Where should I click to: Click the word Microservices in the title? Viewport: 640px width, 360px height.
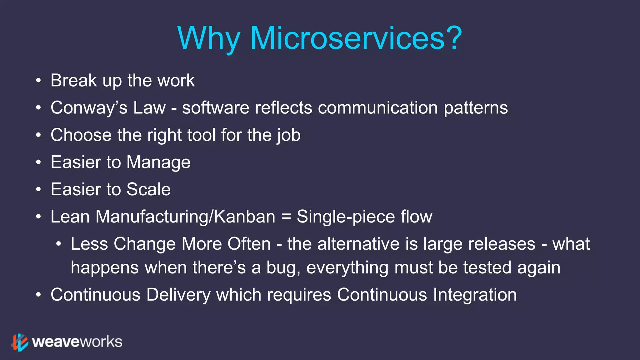pyautogui.click(x=347, y=38)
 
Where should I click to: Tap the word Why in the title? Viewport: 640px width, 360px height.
pyautogui.click(x=208, y=38)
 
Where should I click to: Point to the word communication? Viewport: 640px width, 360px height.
pyautogui.click(x=378, y=108)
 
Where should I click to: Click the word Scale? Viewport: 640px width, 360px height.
pyautogui.click(x=148, y=189)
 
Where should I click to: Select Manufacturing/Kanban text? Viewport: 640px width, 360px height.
pyautogui.click(x=185, y=217)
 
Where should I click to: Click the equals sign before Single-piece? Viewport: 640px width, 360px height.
pyautogui.click(x=286, y=217)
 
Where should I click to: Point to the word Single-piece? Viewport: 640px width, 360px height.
pyautogui.click(x=346, y=217)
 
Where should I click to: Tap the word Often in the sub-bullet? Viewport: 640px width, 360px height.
pyautogui.click(x=249, y=244)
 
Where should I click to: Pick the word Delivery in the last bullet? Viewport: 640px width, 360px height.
pyautogui.click(x=178, y=295)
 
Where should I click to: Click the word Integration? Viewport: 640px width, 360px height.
pyautogui.click(x=475, y=295)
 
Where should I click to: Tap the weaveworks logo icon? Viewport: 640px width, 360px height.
pyautogui.click(x=20, y=342)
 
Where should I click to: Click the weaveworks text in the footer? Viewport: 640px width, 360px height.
pyautogui.click(x=77, y=342)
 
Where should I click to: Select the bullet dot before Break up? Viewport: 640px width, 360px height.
pyautogui.click(x=38, y=81)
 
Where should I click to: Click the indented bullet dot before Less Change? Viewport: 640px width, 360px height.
pyautogui.click(x=58, y=244)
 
